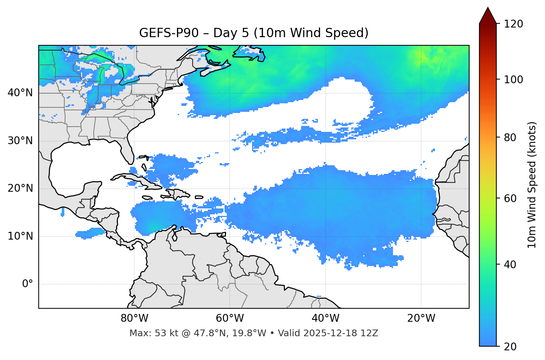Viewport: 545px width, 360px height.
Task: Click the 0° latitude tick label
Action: point(28,284)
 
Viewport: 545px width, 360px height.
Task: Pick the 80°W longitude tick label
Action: point(134,318)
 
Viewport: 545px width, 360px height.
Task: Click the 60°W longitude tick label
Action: point(230,318)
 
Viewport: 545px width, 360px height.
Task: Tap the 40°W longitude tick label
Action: point(325,318)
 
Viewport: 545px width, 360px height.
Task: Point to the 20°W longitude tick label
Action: point(421,318)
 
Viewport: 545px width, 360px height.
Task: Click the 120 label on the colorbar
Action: point(513,24)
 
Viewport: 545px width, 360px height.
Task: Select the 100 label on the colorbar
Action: point(513,80)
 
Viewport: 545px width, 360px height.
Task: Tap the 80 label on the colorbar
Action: point(511,137)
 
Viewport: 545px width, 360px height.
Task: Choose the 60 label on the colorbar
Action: point(511,198)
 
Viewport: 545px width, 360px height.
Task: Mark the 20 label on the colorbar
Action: point(511,347)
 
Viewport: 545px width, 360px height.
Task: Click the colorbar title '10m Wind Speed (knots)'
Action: point(532,185)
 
